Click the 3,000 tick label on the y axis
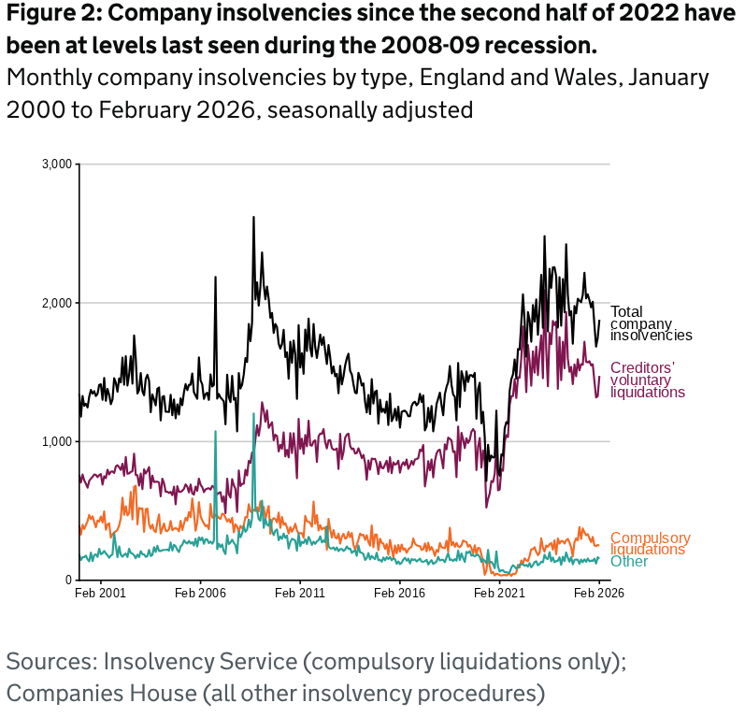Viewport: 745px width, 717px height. tap(58, 165)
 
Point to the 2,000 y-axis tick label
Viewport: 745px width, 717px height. tap(58, 303)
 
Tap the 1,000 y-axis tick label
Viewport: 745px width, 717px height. tap(58, 441)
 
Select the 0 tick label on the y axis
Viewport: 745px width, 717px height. tap(69, 580)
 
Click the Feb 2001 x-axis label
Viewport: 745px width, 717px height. tap(101, 593)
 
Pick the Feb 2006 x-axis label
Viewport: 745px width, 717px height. tap(200, 593)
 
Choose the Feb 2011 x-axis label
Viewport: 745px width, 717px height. tap(300, 593)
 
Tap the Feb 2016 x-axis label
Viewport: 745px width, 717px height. tap(399, 593)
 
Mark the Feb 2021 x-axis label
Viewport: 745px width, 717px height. tap(498, 593)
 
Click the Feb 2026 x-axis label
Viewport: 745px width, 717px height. tap(598, 593)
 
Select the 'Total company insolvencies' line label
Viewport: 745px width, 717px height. tap(651, 323)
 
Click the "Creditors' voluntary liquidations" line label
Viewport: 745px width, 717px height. tap(647, 380)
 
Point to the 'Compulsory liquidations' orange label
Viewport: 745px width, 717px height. tap(650, 543)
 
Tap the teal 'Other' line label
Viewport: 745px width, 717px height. tap(629, 561)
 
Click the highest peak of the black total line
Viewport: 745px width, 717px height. tap(253, 218)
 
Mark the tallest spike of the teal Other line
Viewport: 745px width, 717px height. tap(253, 413)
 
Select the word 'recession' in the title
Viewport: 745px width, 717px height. tap(544, 47)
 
